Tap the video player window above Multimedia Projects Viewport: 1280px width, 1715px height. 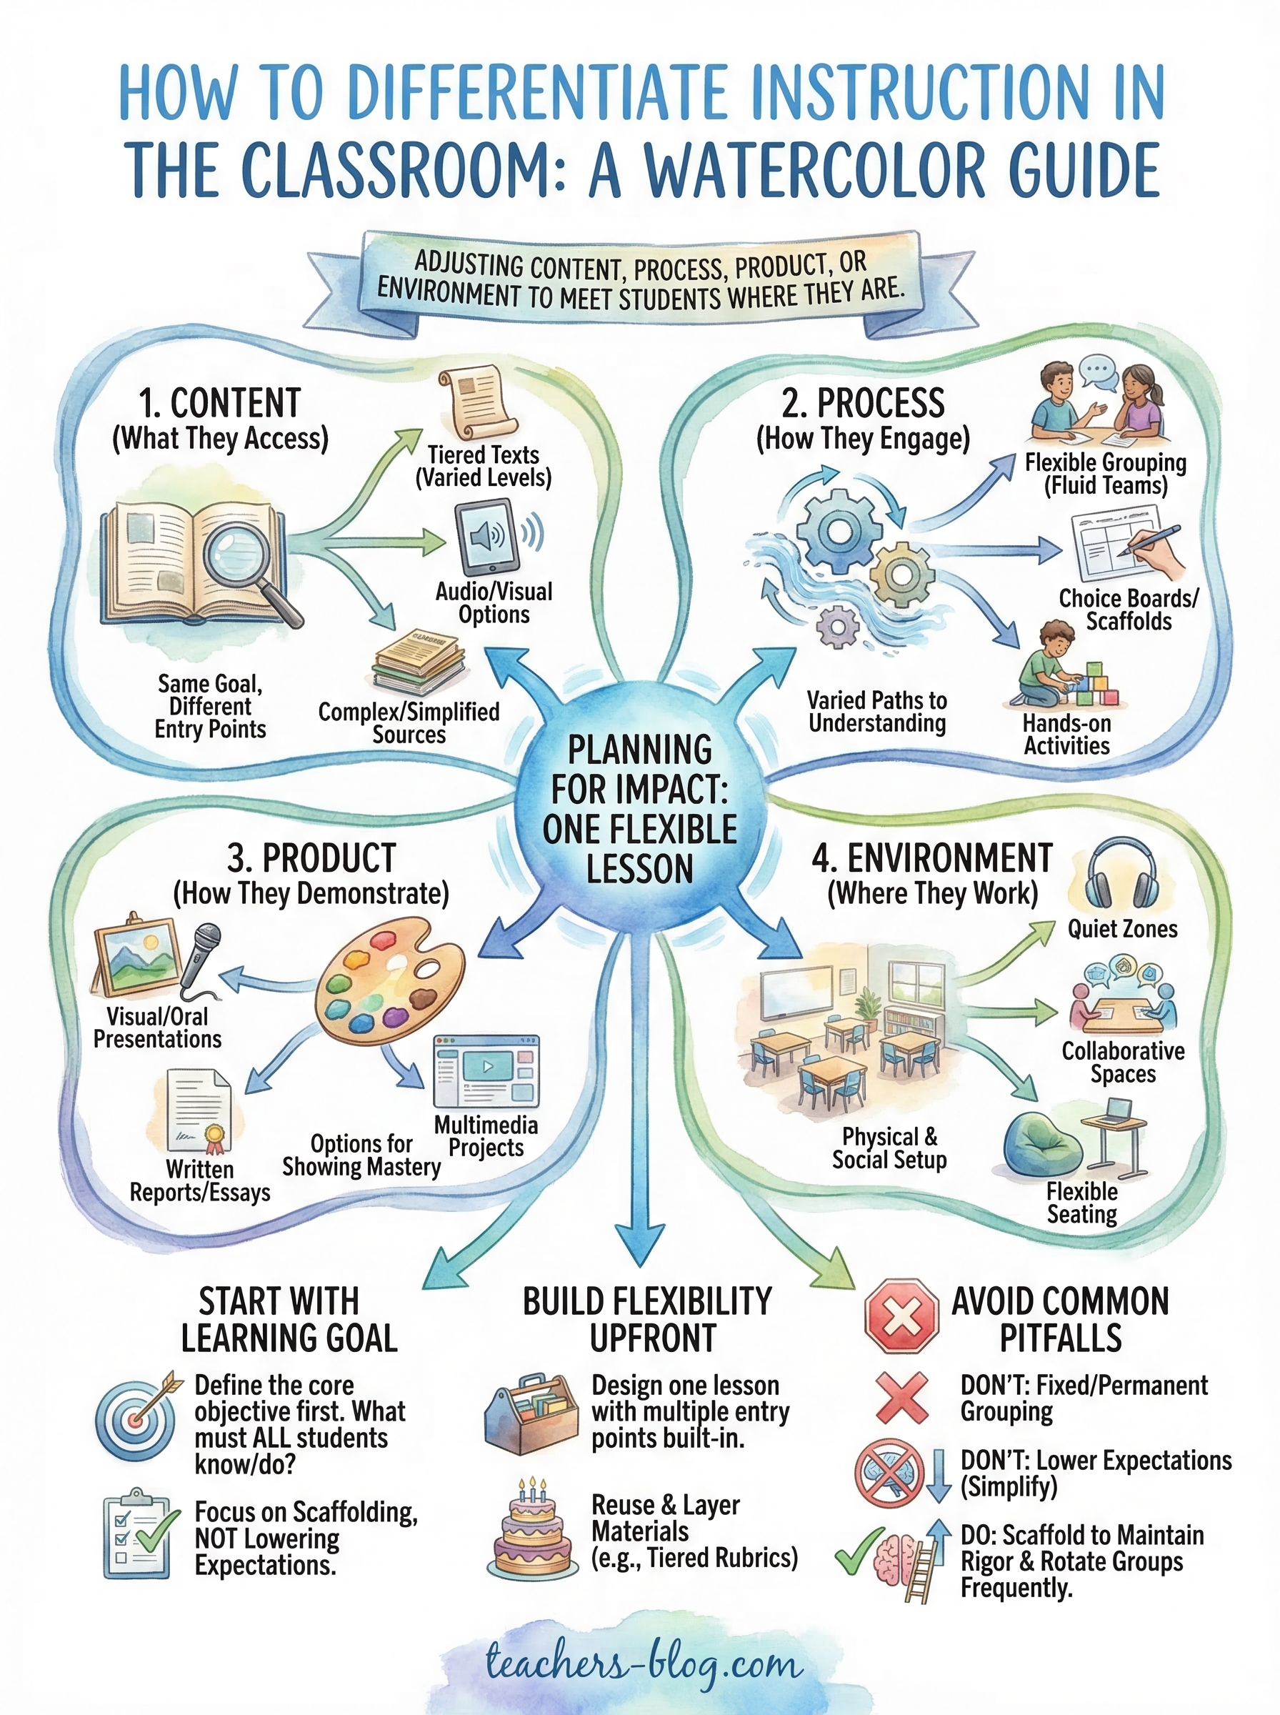(486, 1071)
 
